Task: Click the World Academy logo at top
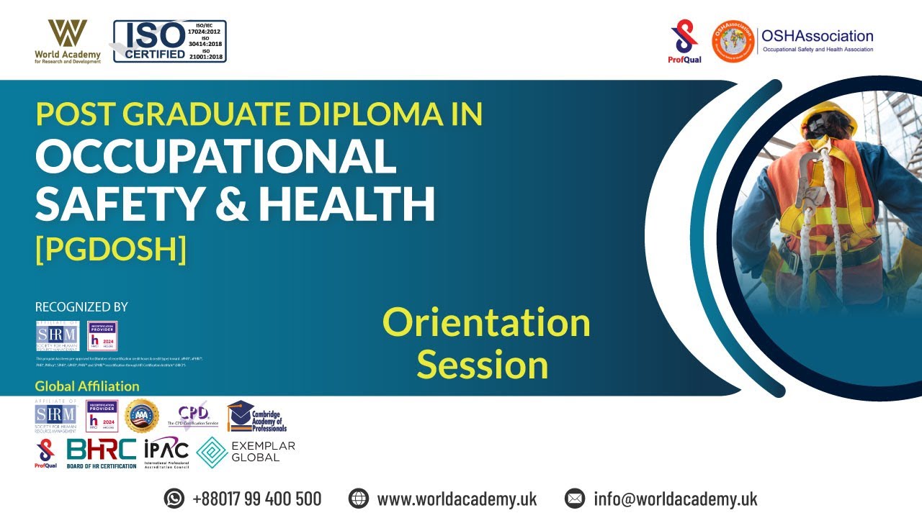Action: point(68,41)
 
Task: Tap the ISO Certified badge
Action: point(169,41)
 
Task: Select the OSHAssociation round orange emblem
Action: point(733,41)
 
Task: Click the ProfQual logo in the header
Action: point(684,42)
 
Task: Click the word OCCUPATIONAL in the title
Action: point(215,156)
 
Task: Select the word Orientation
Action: point(486,322)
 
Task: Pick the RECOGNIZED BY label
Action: point(81,307)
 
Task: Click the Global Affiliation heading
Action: point(87,386)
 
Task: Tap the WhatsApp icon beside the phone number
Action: point(174,498)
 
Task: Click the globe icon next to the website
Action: point(358,498)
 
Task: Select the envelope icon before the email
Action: point(574,498)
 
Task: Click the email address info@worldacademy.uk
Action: point(675,499)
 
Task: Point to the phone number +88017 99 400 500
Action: point(257,499)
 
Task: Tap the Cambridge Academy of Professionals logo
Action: point(256,417)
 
